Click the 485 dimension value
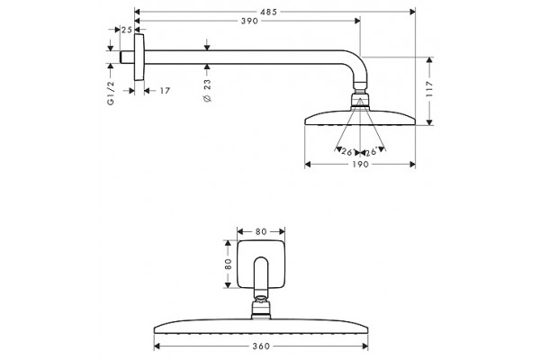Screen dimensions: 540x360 click(268, 12)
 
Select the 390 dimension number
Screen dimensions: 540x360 click(249, 21)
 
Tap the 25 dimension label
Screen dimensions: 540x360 click(126, 30)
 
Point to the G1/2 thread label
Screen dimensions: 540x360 click(111, 93)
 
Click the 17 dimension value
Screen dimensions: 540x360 click(165, 91)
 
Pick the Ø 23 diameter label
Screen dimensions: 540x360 click(207, 91)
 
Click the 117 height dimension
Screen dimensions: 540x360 click(429, 89)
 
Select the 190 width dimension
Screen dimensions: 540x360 click(360, 165)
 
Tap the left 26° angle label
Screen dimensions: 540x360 click(347, 151)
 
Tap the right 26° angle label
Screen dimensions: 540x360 click(372, 151)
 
